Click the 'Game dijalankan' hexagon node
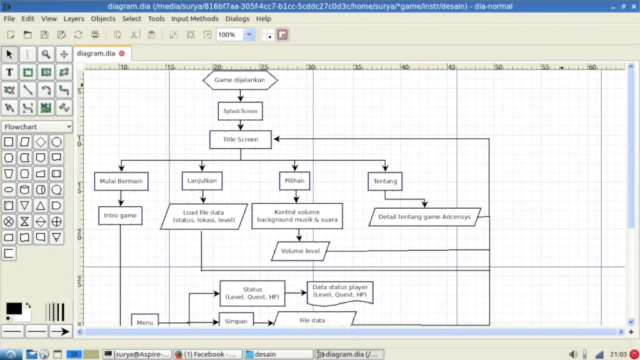coord(240,80)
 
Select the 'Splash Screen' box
coord(240,111)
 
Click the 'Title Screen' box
coord(240,139)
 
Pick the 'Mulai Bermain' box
coord(121,181)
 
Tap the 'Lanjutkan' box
coord(202,181)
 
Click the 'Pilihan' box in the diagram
coord(294,181)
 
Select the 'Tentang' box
coord(384,181)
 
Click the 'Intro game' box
coord(120,216)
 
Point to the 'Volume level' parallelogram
coord(300,251)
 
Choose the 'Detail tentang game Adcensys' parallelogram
coord(424,217)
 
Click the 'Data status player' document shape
coord(340,291)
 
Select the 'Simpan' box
coord(236,321)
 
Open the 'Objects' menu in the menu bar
coord(103,19)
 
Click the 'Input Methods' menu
coord(195,19)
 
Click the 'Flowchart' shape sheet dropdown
coord(37,127)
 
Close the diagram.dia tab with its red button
coord(122,54)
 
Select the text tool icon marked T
coord(9,72)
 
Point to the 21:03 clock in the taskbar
coord(619,354)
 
